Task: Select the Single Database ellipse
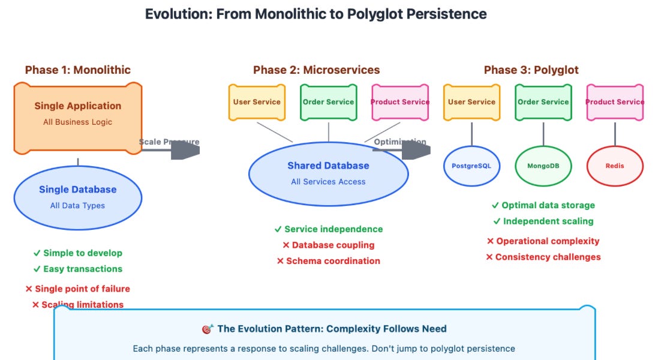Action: (x=78, y=197)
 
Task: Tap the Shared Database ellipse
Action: (x=328, y=173)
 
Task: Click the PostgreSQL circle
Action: (x=471, y=166)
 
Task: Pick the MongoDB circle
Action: (x=543, y=166)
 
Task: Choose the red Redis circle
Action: (x=615, y=166)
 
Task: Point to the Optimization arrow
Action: (x=402, y=150)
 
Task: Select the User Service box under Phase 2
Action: (x=257, y=102)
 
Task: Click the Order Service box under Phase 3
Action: (x=543, y=102)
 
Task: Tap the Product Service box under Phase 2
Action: (x=400, y=102)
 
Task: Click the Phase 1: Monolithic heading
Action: (x=78, y=70)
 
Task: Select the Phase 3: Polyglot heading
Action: (x=531, y=70)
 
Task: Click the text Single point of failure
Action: (x=82, y=289)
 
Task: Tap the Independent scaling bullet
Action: (x=548, y=221)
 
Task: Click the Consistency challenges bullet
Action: (x=548, y=257)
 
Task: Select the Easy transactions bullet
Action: (x=82, y=269)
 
